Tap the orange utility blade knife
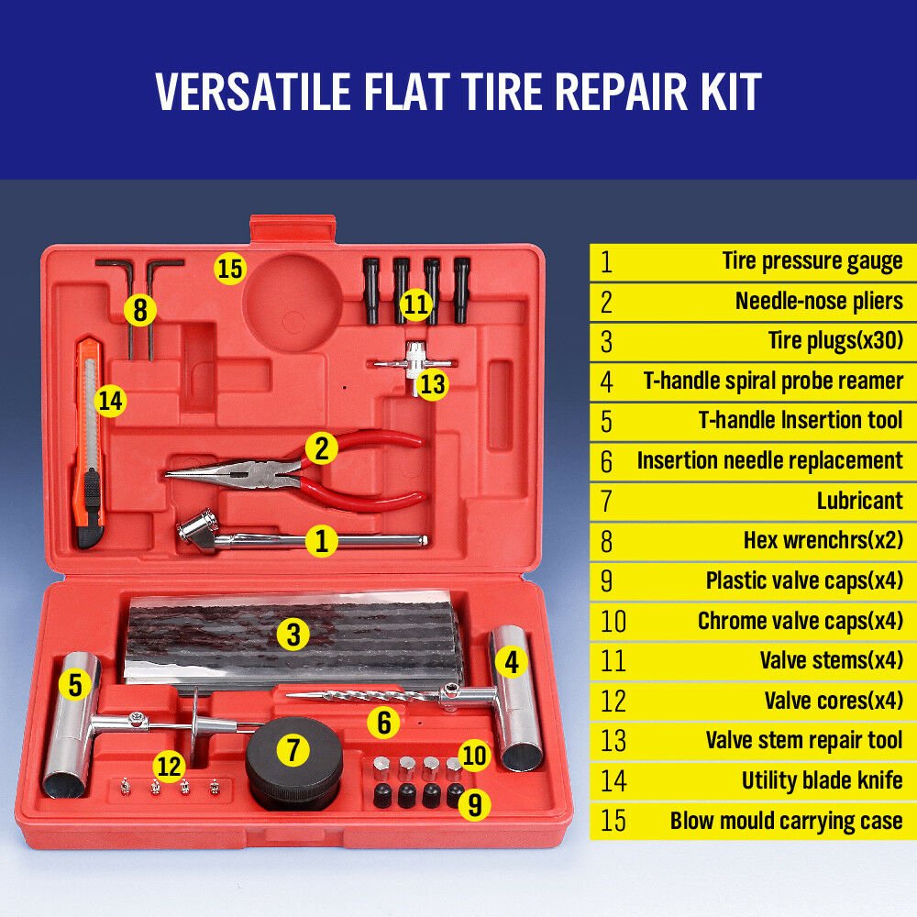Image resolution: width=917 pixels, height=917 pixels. point(88,440)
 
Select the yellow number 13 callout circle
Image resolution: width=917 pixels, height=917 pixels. point(432,383)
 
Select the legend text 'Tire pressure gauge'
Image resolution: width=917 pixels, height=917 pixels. point(812,261)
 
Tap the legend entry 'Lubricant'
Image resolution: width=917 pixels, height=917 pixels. point(859,501)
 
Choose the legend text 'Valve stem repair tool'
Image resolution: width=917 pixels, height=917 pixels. point(803,740)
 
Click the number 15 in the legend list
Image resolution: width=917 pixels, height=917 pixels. point(613,821)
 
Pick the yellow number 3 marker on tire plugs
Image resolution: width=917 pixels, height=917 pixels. point(293,635)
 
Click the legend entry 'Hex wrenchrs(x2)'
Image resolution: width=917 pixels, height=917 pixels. point(823,541)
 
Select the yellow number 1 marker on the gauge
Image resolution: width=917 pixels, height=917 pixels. point(321,541)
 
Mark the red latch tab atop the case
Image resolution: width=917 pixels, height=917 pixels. point(280,229)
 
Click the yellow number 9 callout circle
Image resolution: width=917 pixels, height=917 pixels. point(473,804)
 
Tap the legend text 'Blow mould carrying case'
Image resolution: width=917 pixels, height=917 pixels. point(786,821)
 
